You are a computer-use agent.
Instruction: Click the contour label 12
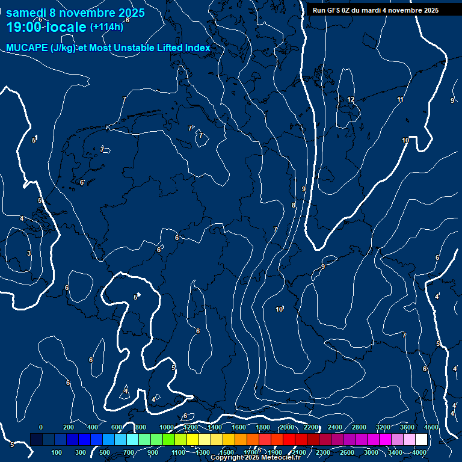coord(351,99)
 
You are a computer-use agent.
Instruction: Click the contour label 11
coord(400,99)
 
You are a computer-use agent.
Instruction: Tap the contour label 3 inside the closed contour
coord(28,253)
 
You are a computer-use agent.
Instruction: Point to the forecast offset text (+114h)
coord(106,26)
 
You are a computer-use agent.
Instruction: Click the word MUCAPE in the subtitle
coord(26,48)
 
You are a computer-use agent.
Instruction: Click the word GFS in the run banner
coord(334,10)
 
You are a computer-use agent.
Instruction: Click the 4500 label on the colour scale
coord(431,427)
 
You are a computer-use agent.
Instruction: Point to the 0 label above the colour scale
coord(41,427)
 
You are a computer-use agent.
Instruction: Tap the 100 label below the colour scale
coord(57,452)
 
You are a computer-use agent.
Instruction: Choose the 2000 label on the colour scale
coord(286,427)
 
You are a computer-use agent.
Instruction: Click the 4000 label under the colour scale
coord(419,452)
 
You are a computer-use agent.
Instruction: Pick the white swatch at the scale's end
coord(421,440)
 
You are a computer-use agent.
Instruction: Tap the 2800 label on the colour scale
coord(359,427)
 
